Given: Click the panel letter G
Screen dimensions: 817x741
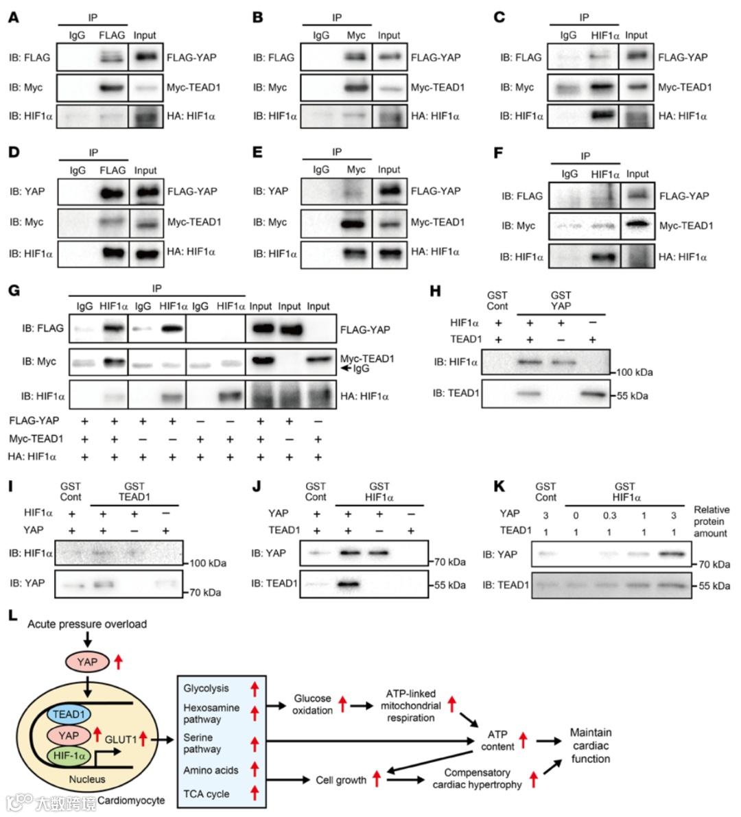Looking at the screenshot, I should click(x=14, y=290).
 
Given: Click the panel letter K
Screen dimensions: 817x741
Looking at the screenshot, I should click(x=499, y=486).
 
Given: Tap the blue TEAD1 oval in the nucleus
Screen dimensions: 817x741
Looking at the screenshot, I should click(x=68, y=715).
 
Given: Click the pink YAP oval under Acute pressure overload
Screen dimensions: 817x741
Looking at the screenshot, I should click(x=87, y=662).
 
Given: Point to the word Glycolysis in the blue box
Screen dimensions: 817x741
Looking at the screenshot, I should click(x=206, y=688).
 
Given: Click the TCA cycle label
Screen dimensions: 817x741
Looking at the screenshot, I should click(x=206, y=794).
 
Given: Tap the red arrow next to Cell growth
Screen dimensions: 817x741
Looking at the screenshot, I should click(x=377, y=779).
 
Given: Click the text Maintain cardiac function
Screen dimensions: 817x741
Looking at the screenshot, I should click(x=591, y=746).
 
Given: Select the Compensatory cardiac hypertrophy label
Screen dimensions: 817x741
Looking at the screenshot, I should click(x=477, y=779).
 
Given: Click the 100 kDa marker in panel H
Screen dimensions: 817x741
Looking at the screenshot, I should click(x=633, y=372).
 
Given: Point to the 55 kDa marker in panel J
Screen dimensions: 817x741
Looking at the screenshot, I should click(x=449, y=585).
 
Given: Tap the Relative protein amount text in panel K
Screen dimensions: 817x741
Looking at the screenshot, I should click(x=711, y=521).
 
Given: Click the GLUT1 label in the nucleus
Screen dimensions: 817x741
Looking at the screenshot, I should click(x=121, y=739).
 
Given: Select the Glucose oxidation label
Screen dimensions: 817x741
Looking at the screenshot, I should click(x=312, y=704).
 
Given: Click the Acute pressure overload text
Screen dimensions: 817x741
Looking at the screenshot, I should click(x=87, y=624).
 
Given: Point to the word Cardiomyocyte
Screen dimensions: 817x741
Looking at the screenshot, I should click(x=131, y=800).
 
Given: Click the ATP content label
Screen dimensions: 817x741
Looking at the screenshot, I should click(x=497, y=740).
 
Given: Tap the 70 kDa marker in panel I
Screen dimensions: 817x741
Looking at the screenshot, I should click(x=205, y=592).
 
